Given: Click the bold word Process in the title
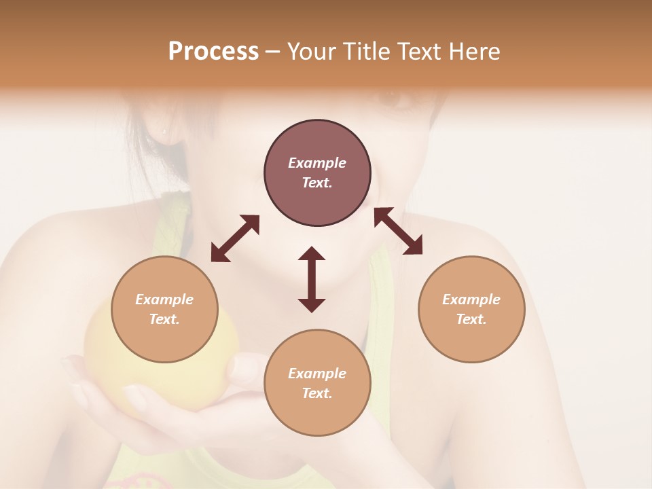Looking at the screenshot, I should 213,52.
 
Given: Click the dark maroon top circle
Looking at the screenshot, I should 317,173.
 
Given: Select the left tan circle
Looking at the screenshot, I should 164,309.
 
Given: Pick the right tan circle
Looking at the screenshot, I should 471,309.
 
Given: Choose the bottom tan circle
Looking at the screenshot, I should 317,383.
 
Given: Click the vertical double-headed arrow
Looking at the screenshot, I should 312,279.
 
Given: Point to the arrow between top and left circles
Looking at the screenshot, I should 235,238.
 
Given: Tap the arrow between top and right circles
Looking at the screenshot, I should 399,231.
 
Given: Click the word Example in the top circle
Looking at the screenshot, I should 317,163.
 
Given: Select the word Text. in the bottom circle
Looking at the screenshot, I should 317,393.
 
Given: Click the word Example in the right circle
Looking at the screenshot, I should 471,300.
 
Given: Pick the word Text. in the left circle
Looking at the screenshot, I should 164,319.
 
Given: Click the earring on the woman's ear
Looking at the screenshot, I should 164,129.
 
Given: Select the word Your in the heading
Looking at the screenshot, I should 310,52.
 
